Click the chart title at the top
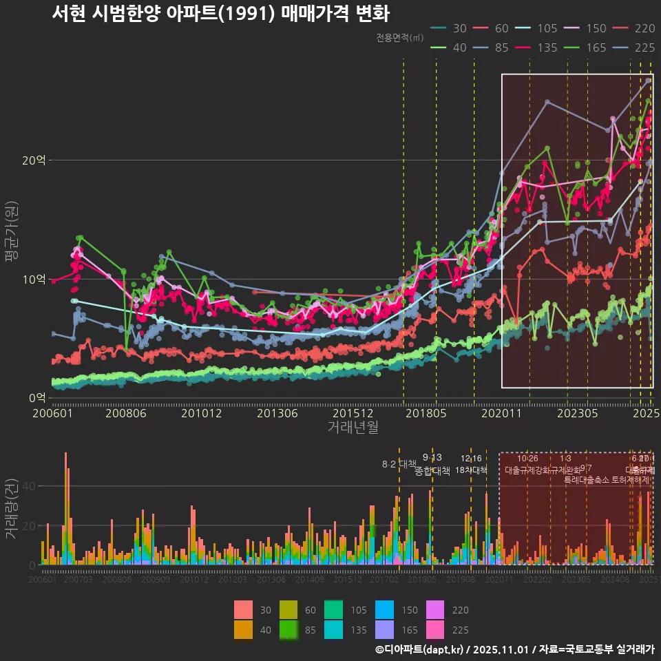(x=220, y=14)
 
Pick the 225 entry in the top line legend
(x=633, y=48)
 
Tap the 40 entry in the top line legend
(x=450, y=48)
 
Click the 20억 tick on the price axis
(x=34, y=160)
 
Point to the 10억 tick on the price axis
(x=34, y=279)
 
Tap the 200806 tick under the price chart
(x=127, y=413)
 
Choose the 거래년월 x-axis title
(x=353, y=428)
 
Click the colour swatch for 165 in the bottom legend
(x=385, y=629)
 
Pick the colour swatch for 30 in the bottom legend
(x=243, y=609)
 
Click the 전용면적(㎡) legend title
(x=400, y=38)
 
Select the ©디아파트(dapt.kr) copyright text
(x=419, y=649)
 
